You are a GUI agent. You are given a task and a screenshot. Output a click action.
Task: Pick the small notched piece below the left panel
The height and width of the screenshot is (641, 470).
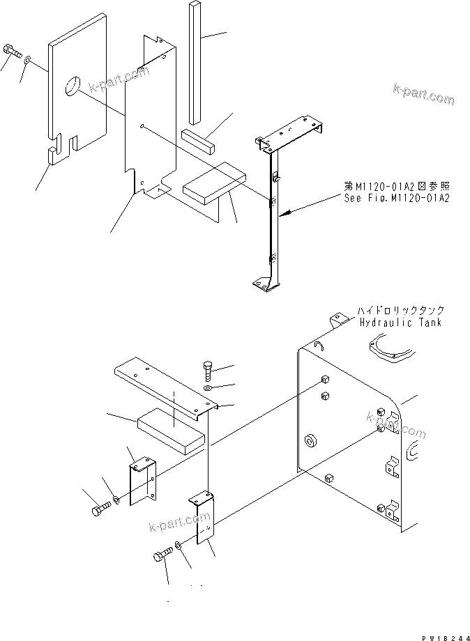tap(52, 155)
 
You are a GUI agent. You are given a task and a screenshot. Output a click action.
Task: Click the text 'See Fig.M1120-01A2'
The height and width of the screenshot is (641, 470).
tap(396, 199)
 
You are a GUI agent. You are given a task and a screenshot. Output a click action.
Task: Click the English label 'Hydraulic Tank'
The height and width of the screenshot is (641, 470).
tap(400, 323)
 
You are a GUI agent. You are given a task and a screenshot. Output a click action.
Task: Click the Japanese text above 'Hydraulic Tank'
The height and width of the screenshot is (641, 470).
tap(400, 311)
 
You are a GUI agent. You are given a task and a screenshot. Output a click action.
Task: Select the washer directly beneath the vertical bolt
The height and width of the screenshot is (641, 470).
tap(209, 387)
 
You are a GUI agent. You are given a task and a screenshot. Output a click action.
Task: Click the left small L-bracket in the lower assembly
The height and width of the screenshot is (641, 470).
tap(142, 479)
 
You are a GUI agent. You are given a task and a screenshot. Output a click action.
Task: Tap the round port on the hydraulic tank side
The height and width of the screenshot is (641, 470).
tap(309, 441)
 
